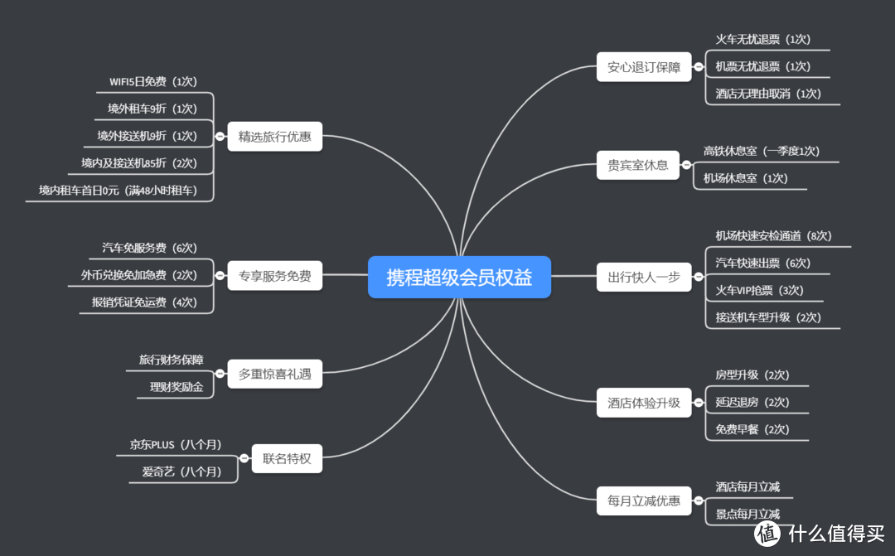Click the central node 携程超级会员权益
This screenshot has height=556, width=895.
click(459, 277)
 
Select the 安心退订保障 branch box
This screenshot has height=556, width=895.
click(644, 67)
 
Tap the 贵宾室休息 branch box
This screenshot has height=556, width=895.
click(644, 165)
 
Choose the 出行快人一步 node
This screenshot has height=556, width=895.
click(644, 277)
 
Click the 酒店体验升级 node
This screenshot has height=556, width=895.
click(644, 403)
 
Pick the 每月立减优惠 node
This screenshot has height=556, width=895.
click(644, 500)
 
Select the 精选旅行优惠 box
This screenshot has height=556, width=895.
click(274, 137)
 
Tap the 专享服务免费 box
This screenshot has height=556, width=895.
click(274, 276)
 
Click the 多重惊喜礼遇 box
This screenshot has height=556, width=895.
click(274, 374)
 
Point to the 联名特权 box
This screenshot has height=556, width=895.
click(287, 458)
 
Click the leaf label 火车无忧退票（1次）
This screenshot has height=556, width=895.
click(762, 40)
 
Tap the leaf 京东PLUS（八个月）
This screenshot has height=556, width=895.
click(175, 445)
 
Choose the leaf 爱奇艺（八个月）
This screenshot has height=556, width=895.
click(181, 472)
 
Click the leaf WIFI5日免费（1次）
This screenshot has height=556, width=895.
click(153, 82)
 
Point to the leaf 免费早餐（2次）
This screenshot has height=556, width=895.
click(752, 429)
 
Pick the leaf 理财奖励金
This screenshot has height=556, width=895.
click(176, 387)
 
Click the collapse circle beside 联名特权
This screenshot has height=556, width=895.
click(244, 458)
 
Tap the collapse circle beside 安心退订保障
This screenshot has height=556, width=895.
click(699, 67)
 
